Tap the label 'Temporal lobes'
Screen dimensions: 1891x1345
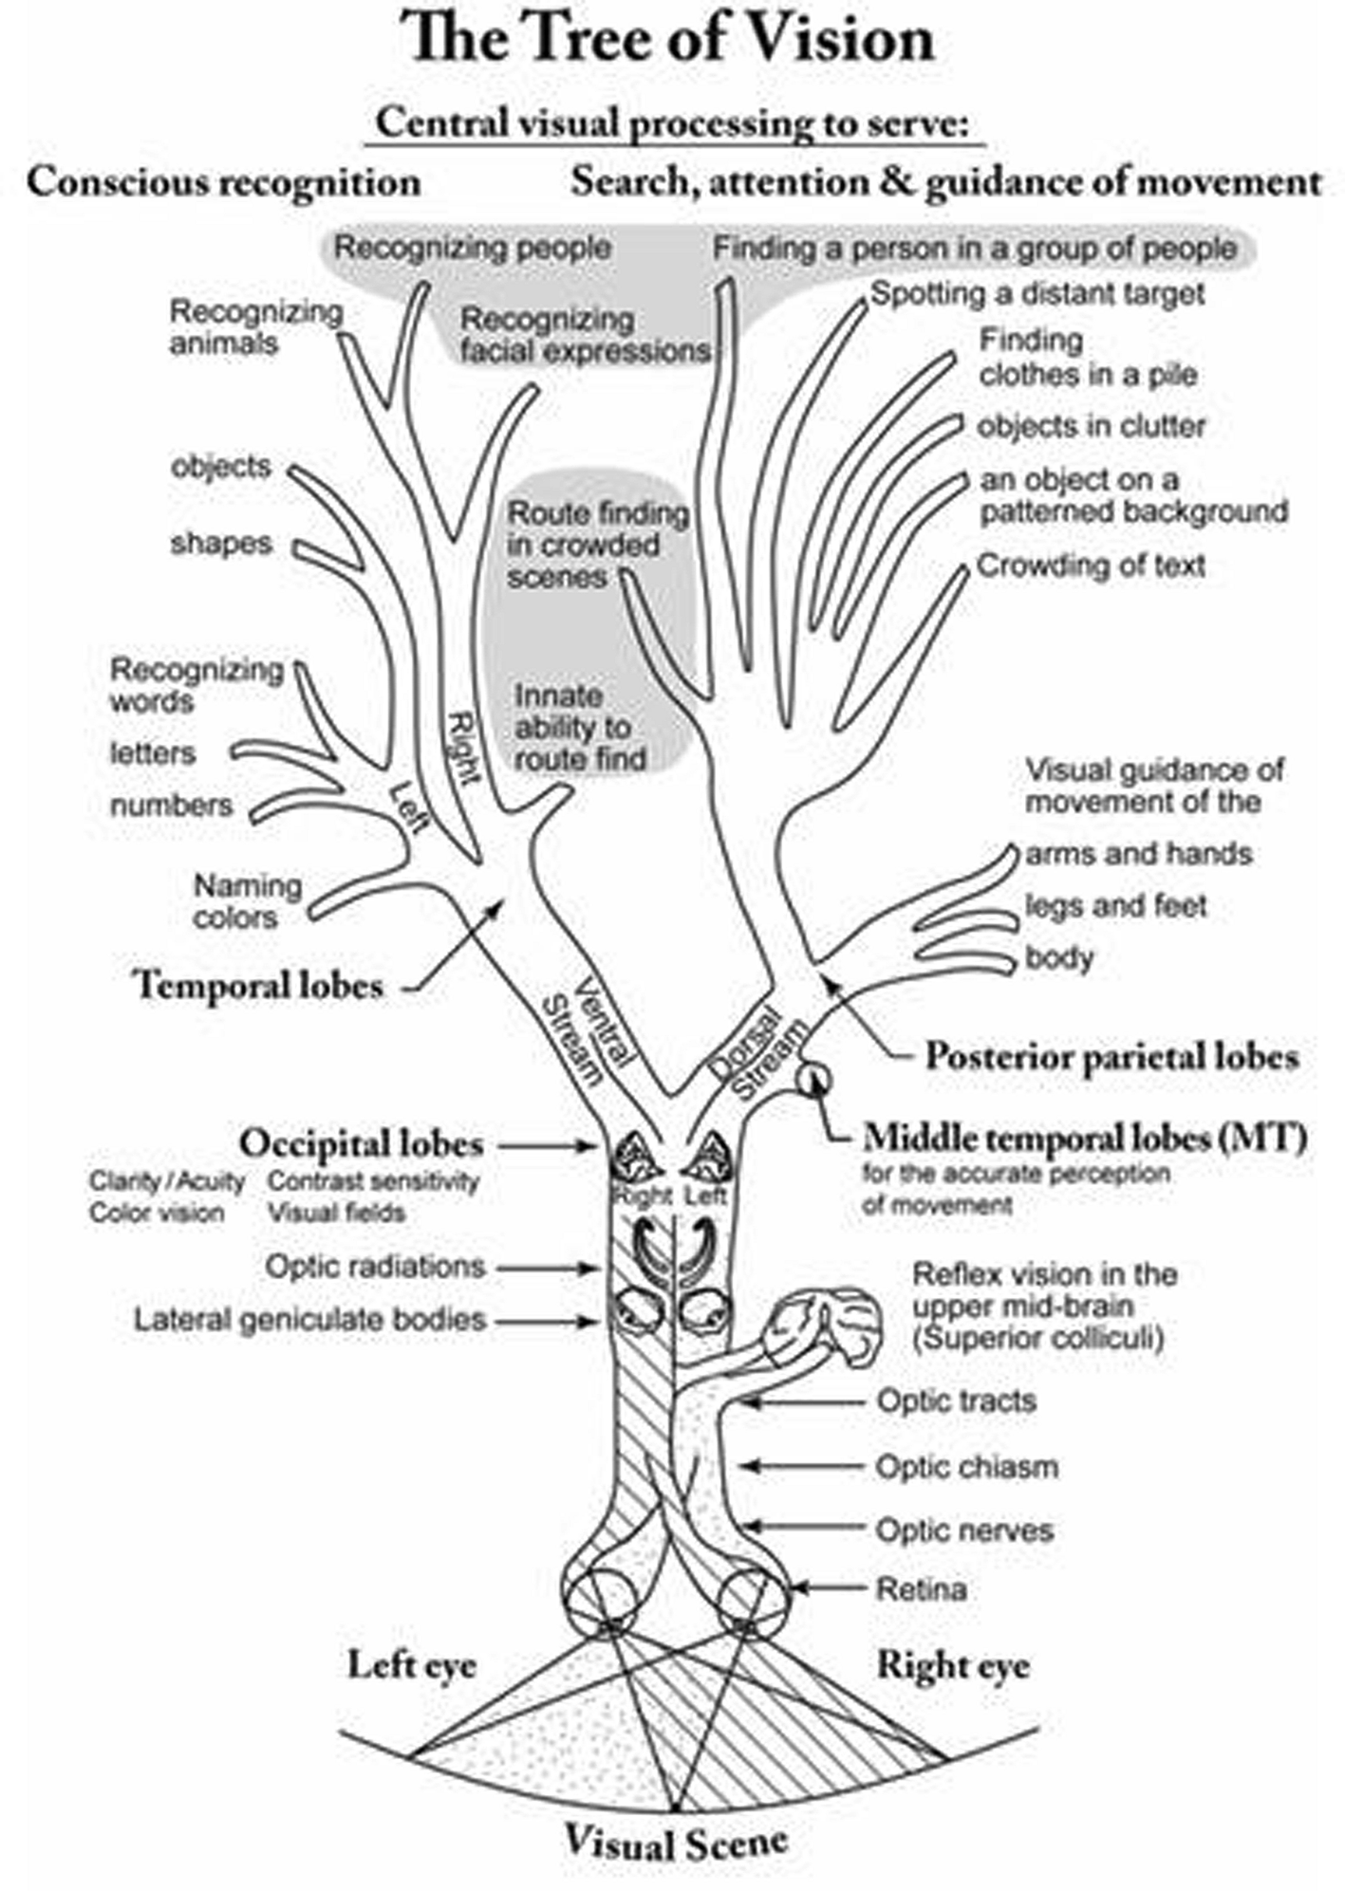coord(259,985)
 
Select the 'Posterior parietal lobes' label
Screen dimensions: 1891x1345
coord(1111,1056)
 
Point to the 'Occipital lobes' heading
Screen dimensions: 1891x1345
coord(361,1143)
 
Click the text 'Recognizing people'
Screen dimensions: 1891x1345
coord(472,249)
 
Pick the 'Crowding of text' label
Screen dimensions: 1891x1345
coord(1091,566)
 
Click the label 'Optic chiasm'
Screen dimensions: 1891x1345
coord(966,1467)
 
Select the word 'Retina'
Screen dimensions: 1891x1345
coord(921,1589)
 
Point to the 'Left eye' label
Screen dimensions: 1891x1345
coord(411,1664)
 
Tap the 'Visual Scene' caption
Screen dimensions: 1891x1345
coord(677,1843)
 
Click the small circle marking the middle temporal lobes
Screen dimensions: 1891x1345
coord(813,1079)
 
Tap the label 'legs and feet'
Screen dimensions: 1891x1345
coord(1115,906)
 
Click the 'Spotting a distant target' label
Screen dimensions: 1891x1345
coord(1037,294)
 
